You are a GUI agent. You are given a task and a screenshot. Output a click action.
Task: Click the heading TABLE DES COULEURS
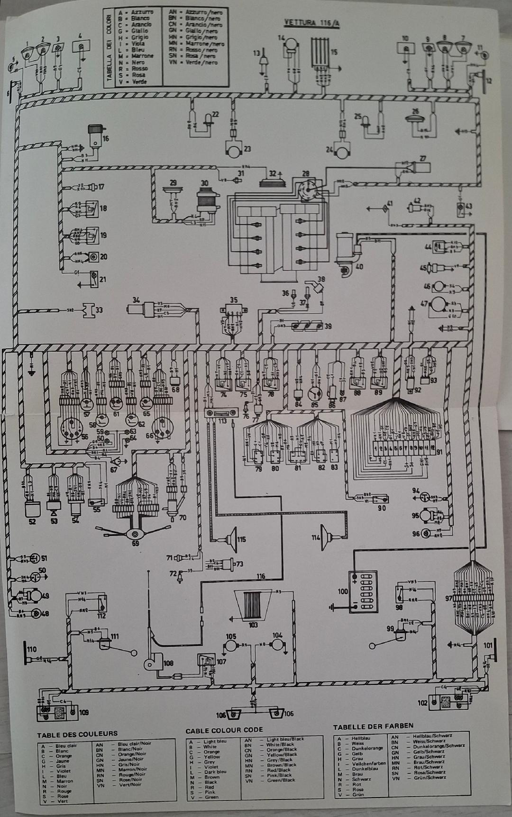pyautogui.click(x=77, y=734)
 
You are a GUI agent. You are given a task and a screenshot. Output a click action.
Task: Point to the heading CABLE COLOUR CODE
pyautogui.click(x=224, y=730)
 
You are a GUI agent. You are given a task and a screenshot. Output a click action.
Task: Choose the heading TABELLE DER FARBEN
pyautogui.click(x=373, y=726)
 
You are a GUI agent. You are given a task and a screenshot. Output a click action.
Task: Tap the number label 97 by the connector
pyautogui.click(x=448, y=598)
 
